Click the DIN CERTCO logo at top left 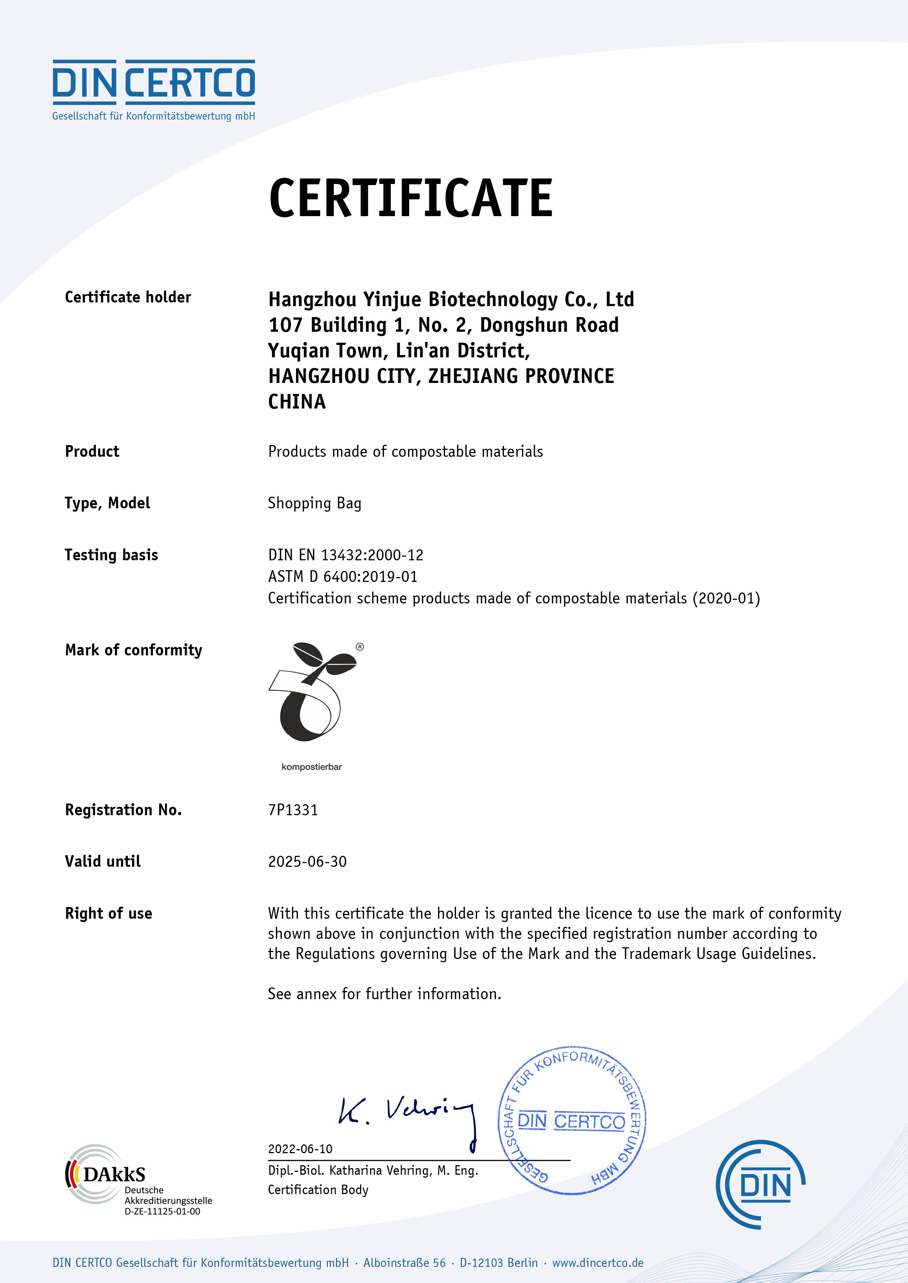point(154,89)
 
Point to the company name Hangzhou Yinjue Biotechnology point(451,300)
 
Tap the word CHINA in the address point(297,402)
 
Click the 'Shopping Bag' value point(314,504)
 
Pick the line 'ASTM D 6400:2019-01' point(342,577)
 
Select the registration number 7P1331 point(293,810)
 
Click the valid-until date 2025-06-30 point(307,862)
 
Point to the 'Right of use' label point(108,914)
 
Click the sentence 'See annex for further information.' point(384,994)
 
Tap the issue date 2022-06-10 point(300,1149)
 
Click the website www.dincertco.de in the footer point(598,1263)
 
